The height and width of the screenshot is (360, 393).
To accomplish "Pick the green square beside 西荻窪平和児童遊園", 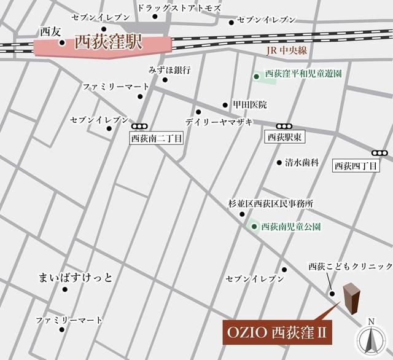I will (x=256, y=76).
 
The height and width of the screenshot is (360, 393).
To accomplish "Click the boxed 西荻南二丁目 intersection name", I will (x=157, y=139).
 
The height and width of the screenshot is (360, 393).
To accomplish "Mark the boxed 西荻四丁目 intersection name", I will (x=356, y=165).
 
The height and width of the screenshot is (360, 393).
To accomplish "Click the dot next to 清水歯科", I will (x=278, y=162).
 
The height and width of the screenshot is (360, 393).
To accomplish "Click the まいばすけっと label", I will (x=75, y=278).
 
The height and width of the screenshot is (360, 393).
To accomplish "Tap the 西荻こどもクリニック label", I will (x=349, y=266).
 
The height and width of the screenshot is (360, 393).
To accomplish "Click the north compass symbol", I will (x=370, y=338).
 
